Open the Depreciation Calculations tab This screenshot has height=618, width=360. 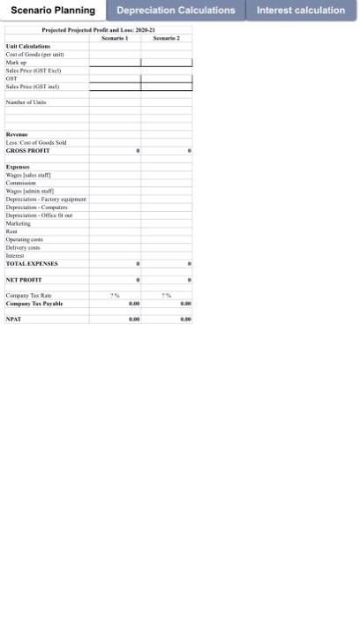tap(176, 11)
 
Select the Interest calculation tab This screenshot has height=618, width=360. tap(301, 11)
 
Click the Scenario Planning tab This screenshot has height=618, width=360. tap(53, 11)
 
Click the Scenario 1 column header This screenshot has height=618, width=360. tap(115, 38)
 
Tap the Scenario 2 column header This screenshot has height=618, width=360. tap(166, 38)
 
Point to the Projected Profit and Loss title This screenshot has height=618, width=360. tap(99, 30)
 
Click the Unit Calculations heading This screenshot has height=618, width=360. tap(28, 47)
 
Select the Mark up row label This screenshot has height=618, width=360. tap(19, 63)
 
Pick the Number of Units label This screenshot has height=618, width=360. tap(26, 102)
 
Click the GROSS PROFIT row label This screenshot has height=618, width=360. tap(28, 151)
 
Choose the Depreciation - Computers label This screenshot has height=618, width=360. tap(37, 207)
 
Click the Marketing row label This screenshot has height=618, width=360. tap(19, 223)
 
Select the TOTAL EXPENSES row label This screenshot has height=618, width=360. tap(32, 263)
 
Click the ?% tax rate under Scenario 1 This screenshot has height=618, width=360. tap(115, 296)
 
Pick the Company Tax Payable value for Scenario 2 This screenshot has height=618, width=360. tap(184, 303)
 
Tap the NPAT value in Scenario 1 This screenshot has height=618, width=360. tap(134, 320)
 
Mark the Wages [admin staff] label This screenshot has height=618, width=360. tap(30, 191)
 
